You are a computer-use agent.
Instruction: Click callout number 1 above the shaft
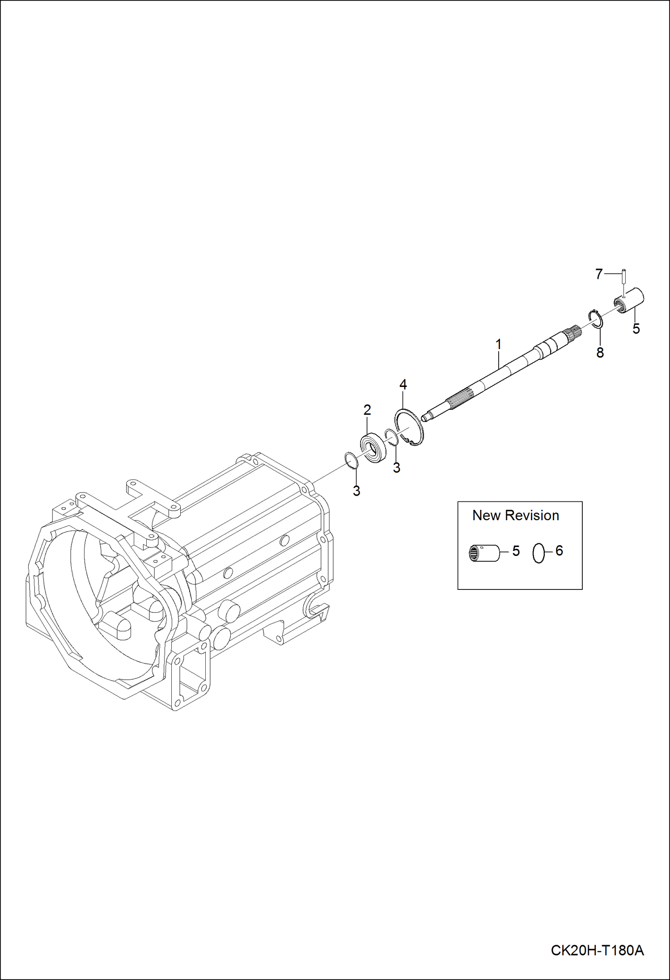pos(498,345)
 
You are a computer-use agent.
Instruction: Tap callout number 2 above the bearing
pos(367,410)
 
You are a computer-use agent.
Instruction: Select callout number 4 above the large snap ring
pos(403,384)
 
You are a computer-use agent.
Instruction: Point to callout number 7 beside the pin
pos(599,274)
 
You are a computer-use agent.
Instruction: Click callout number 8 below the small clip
pos(600,353)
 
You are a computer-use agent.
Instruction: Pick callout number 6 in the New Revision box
pos(559,551)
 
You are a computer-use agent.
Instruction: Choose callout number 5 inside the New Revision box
pos(516,551)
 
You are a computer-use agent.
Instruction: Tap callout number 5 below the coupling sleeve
pos(636,329)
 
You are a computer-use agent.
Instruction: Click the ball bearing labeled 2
pos(373,447)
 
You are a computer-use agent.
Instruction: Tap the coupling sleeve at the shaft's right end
pos(632,301)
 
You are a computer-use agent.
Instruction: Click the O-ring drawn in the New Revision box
pos(539,554)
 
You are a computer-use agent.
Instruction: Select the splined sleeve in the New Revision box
pos(484,554)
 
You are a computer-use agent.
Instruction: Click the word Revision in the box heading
pos(532,515)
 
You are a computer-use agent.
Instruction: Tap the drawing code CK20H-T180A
pos(597,950)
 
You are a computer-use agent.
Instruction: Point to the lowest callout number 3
pos(356,491)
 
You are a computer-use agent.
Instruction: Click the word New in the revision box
pos(486,515)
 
